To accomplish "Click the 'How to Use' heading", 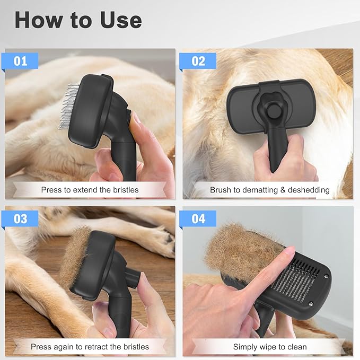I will (x=78, y=20).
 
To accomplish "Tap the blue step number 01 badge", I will (x=20, y=61).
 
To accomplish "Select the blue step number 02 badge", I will (x=198, y=61).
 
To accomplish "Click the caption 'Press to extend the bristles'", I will (x=90, y=190).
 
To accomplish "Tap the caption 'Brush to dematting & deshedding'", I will (x=269, y=190).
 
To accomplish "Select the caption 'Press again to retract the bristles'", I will (x=90, y=347).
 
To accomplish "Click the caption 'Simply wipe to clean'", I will (x=269, y=347).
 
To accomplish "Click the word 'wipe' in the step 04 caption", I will (x=268, y=347).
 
